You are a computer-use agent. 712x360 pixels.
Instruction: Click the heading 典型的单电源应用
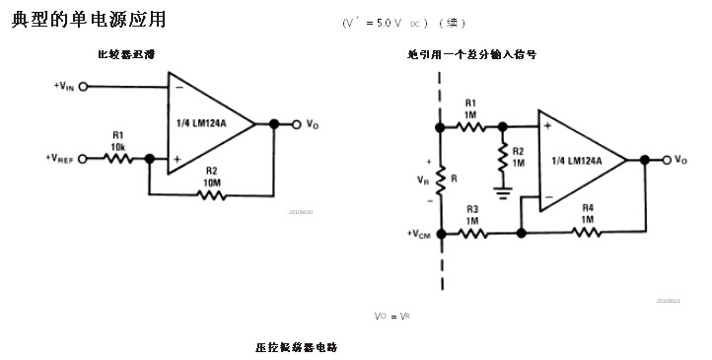point(89,21)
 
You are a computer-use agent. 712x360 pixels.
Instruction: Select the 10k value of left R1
point(117,146)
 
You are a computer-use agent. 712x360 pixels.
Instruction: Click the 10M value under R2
point(211,183)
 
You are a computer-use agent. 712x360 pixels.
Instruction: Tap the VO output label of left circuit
point(312,124)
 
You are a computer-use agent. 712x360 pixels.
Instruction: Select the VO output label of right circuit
point(681,160)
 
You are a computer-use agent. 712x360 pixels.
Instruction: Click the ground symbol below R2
point(503,190)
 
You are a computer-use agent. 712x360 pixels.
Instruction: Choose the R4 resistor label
point(587,208)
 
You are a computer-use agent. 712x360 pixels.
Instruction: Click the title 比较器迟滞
point(125,55)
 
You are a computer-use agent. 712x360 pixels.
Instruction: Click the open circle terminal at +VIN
point(83,86)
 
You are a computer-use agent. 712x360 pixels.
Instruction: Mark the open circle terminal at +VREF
point(83,158)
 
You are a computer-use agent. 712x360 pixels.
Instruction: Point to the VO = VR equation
point(392,316)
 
